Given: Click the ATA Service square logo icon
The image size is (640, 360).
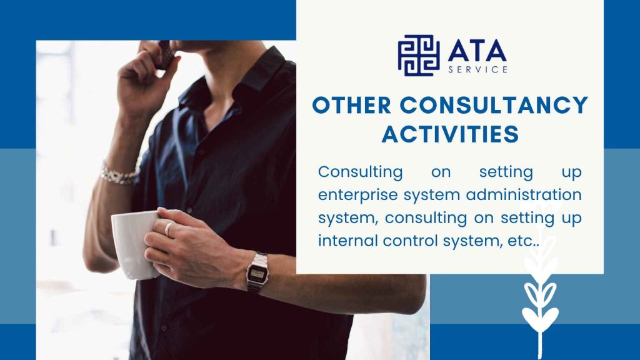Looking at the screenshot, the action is pyautogui.click(x=418, y=56).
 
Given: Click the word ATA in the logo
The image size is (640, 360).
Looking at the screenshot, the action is pyautogui.click(x=477, y=51).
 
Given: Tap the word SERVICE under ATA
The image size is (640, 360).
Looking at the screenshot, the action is pyautogui.click(x=478, y=69).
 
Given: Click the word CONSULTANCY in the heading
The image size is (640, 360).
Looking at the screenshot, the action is pyautogui.click(x=494, y=105).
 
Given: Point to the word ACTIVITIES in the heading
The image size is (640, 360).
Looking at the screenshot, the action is pyautogui.click(x=450, y=134).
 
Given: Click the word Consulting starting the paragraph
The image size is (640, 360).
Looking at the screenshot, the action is pyautogui.click(x=361, y=172).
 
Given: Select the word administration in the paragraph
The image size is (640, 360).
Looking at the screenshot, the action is pyautogui.click(x=524, y=194).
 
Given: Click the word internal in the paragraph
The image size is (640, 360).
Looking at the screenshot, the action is pyautogui.click(x=347, y=241).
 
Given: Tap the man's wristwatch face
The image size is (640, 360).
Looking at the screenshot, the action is pyautogui.click(x=257, y=274).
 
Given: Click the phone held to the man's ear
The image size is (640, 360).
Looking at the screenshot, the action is pyautogui.click(x=165, y=55).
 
